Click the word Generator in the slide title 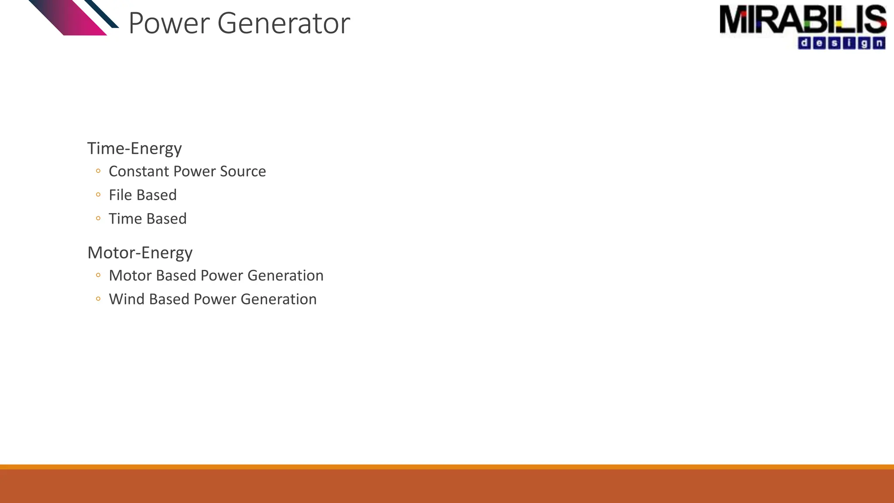pos(283,24)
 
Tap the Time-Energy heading pos(134,148)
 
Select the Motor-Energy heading pos(140,253)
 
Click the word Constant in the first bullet pos(139,172)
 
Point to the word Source pos(243,172)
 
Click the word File pos(120,195)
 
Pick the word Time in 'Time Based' pos(125,219)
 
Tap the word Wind pos(127,300)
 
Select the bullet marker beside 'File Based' pos(98,195)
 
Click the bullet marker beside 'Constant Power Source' pos(98,171)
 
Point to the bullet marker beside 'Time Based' pos(98,218)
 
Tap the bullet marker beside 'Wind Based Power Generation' pos(98,299)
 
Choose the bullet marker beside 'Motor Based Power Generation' pos(98,276)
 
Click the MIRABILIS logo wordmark pos(802,20)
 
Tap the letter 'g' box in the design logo pos(864,43)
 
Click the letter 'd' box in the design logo pos(804,43)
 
